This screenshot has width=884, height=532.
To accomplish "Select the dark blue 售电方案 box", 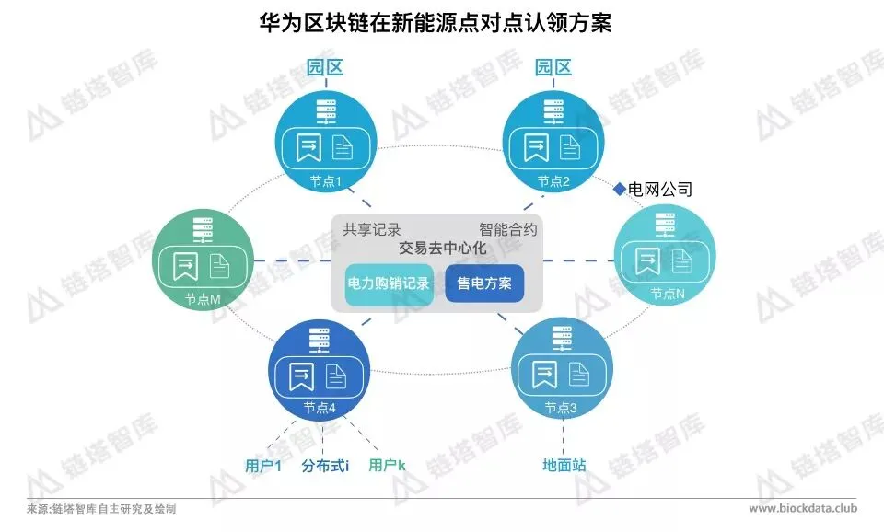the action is point(484,283).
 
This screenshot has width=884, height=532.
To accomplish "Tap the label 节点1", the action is point(326,181).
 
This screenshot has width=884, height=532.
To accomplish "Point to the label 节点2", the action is point(553,181).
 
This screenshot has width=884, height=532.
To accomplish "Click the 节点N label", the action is point(667,294).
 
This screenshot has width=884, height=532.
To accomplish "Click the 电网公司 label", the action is point(660,190).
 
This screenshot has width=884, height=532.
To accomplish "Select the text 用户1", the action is point(263,466).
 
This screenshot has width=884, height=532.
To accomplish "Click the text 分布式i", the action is point(325,466).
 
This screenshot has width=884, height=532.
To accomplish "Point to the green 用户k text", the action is point(388,466).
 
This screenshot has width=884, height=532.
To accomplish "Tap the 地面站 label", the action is point(564,466).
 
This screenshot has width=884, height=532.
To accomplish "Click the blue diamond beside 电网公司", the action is point(620,190).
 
